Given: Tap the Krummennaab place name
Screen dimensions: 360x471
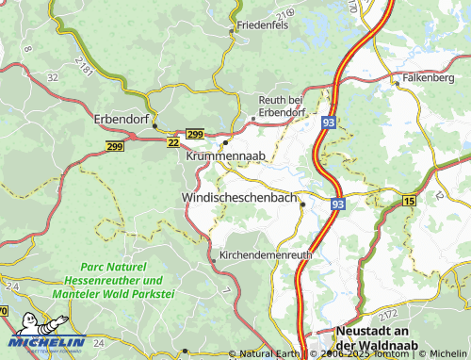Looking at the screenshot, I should click(x=226, y=155).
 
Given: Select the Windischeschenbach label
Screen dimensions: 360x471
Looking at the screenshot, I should click(x=238, y=199).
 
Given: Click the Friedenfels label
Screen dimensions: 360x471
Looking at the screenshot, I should click(x=265, y=25).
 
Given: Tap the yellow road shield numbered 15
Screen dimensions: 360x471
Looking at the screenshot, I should click(x=409, y=201).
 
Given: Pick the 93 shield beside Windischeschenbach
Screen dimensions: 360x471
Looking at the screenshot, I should click(x=338, y=203).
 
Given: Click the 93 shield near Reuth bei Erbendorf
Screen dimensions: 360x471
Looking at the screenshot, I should click(x=328, y=123).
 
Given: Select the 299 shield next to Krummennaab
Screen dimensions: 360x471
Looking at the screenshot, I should click(x=195, y=135).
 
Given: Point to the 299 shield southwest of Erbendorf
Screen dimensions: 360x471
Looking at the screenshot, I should click(x=115, y=147).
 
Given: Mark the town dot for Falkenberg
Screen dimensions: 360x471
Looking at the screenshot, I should click(x=398, y=83).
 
